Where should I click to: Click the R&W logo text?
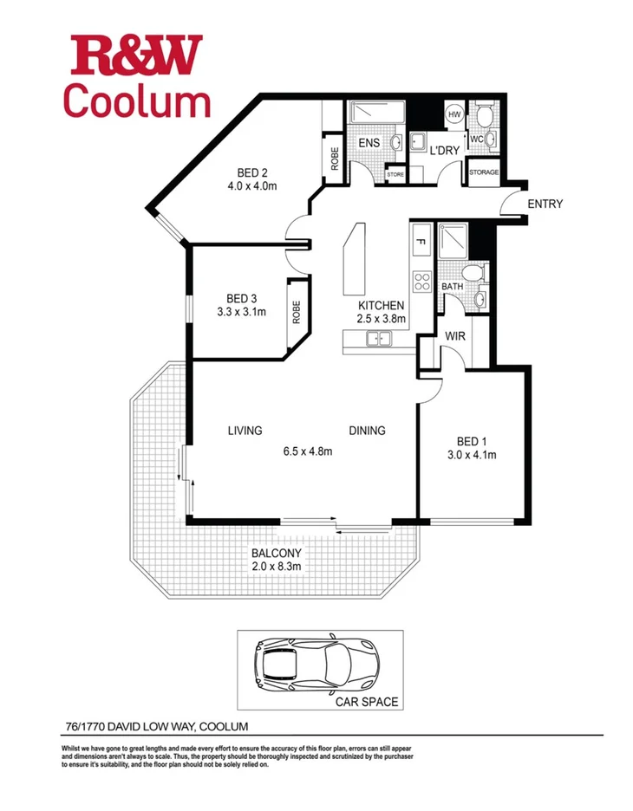(137, 55)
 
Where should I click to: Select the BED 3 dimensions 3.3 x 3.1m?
(240, 312)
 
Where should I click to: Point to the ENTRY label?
(544, 204)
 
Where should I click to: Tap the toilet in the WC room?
(483, 115)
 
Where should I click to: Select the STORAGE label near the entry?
(483, 172)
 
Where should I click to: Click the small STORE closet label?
(395, 174)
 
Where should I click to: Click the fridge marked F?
(421, 242)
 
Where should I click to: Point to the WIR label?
(457, 335)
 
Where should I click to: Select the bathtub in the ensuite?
(375, 114)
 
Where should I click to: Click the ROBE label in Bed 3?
(297, 310)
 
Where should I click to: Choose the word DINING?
(367, 431)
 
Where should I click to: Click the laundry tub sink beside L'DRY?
(420, 143)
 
